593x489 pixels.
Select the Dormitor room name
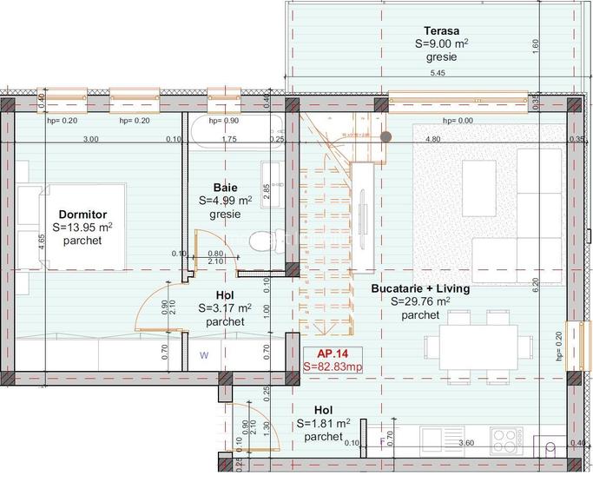(x=82, y=214)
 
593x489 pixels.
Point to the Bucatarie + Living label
(x=420, y=288)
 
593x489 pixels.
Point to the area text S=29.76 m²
(x=420, y=301)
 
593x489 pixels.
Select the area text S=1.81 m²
(x=323, y=424)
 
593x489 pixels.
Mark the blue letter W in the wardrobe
(x=204, y=354)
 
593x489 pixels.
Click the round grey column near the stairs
(x=385, y=136)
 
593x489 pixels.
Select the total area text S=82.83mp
(x=332, y=367)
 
